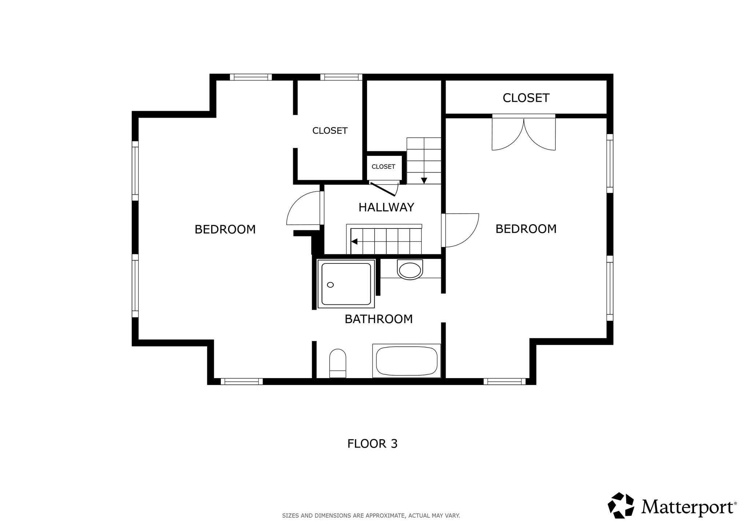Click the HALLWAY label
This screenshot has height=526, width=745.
[386, 207]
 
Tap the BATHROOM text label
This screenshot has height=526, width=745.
[379, 319]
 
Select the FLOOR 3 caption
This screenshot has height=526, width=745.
[372, 444]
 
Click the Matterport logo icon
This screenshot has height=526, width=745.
[621, 505]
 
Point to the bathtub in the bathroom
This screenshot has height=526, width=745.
[407, 361]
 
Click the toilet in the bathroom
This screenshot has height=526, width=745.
[338, 363]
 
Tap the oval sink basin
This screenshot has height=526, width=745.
[410, 270]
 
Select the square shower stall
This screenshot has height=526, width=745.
[346, 284]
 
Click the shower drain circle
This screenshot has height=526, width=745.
[330, 285]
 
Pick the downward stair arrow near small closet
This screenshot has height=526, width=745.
[424, 181]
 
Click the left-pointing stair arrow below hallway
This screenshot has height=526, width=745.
[354, 241]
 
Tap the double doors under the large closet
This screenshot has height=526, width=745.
[524, 134]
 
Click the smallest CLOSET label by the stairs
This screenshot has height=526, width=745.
[383, 167]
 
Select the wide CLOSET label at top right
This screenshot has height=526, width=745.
[526, 98]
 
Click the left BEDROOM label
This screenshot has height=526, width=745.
[225, 230]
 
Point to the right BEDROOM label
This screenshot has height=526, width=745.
[526, 229]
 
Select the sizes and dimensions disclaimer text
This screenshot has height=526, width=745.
[371, 515]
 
